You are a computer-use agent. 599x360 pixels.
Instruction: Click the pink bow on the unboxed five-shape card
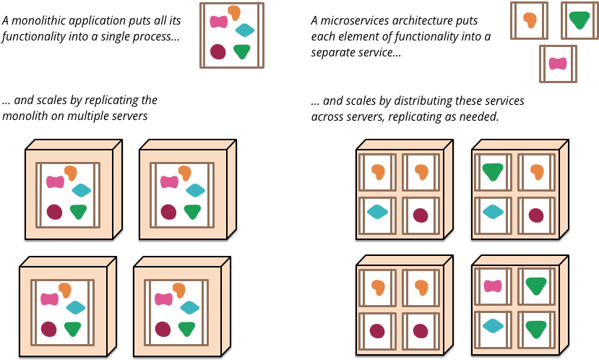tap(218, 22)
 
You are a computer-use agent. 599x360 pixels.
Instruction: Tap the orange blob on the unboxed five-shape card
tap(234, 12)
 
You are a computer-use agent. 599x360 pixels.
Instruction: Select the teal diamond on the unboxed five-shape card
tap(244, 30)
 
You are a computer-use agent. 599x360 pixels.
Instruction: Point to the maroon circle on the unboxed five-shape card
tap(217, 51)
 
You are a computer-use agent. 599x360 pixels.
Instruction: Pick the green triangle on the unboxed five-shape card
tap(242, 51)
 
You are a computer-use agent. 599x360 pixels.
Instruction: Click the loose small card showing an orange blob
tap(529, 20)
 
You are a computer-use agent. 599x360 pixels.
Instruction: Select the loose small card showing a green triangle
tap(579, 20)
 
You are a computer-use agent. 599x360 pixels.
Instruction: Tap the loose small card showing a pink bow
tap(558, 64)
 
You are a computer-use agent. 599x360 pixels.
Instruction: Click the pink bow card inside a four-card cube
tap(493, 286)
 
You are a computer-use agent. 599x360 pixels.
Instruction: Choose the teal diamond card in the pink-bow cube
tap(493, 326)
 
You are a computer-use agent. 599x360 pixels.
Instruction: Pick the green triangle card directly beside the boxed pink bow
tap(536, 286)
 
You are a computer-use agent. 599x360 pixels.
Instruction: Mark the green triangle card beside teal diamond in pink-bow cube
tap(536, 330)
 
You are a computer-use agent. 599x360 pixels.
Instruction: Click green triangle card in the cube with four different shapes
tap(493, 172)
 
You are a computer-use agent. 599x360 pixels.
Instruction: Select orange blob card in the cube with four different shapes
tap(536, 172)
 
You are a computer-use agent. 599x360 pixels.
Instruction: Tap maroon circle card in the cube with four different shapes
tap(536, 215)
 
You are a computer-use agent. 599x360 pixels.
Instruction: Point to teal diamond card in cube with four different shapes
tap(493, 212)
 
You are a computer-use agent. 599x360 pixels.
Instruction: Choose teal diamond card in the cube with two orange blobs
tap(377, 212)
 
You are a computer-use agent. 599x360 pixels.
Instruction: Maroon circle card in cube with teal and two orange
tap(421, 215)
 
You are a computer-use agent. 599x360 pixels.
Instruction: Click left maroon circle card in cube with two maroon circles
tap(377, 331)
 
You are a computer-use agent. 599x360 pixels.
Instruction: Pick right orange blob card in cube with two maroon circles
tap(421, 288)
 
